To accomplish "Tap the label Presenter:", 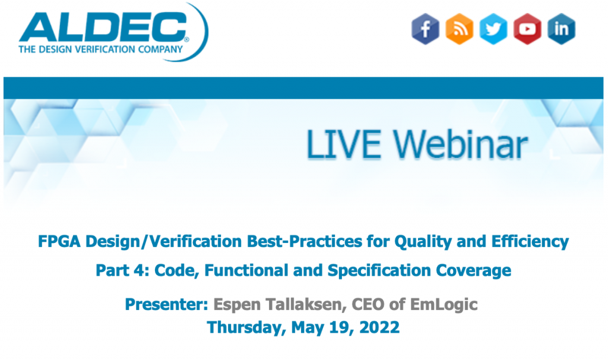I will click(x=166, y=305).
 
